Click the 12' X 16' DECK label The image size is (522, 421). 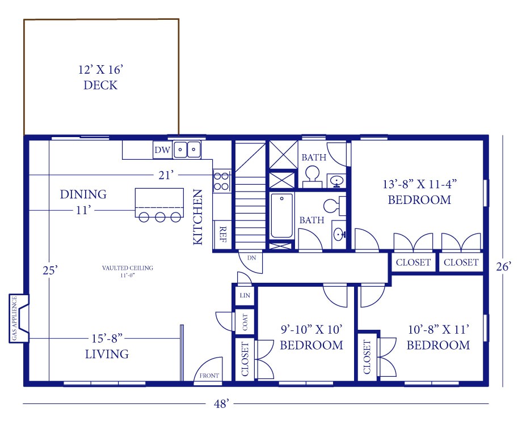(100, 78)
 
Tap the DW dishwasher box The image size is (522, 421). (162, 150)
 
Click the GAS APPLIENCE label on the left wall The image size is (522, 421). (14, 319)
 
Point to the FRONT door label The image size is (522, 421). (208, 376)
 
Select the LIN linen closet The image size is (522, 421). (245, 295)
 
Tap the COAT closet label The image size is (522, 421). (245, 324)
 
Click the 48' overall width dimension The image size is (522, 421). (221, 404)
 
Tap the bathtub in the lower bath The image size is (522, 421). (281, 216)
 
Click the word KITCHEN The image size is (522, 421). (198, 217)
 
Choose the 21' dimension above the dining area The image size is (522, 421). (166, 176)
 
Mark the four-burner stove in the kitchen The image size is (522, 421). (221, 180)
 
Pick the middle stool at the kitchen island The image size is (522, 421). (160, 216)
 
